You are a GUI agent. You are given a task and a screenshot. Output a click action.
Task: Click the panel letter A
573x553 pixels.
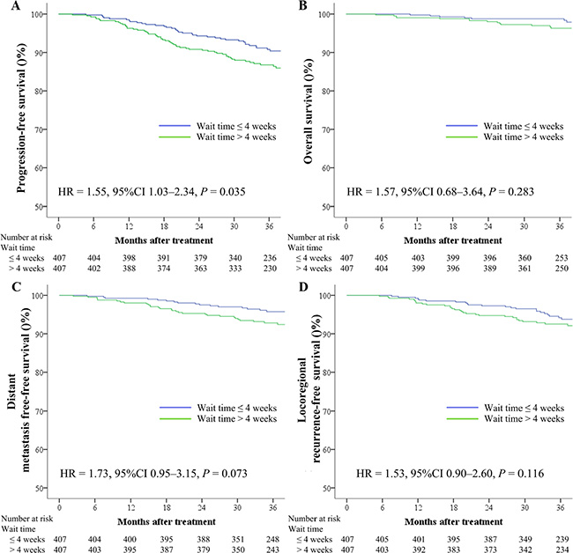[x=8, y=6]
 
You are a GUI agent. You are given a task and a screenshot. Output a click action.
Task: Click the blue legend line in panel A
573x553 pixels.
[x=173, y=126]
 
